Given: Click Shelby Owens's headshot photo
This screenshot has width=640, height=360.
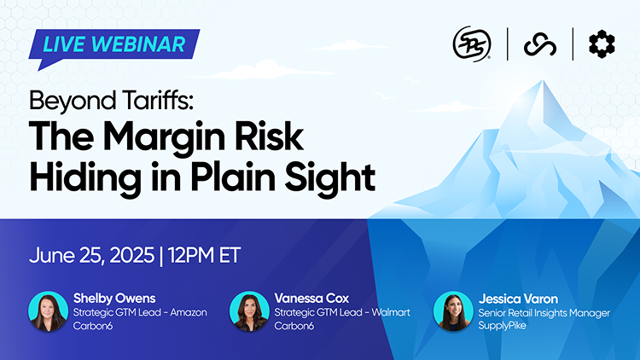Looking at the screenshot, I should tap(49, 312).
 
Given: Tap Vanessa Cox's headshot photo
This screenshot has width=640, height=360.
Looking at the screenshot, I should tap(249, 312).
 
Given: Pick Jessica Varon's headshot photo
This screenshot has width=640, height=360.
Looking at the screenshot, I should tap(453, 312).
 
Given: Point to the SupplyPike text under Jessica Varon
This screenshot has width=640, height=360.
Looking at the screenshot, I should tap(503, 327).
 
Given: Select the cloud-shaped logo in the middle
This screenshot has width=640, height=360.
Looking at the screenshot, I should tap(540, 44).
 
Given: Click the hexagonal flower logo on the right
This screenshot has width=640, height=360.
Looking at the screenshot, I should tap(602, 44).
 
